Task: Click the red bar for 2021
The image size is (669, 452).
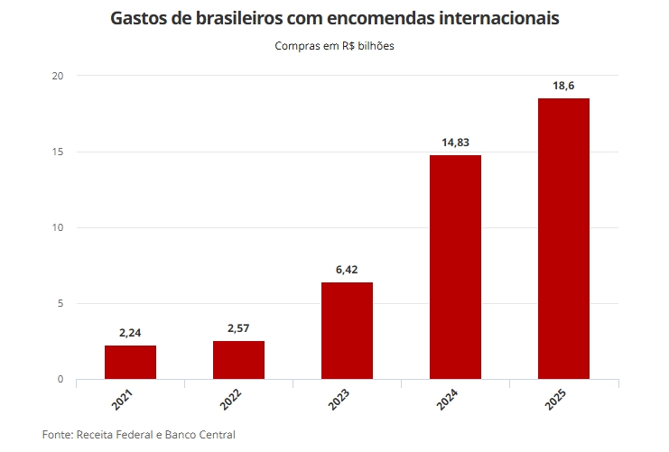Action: pyautogui.click(x=130, y=362)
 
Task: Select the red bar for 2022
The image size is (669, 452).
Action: pyautogui.click(x=238, y=359)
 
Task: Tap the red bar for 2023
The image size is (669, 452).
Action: pyautogui.click(x=347, y=330)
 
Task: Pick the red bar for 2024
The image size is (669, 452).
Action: pyautogui.click(x=455, y=267)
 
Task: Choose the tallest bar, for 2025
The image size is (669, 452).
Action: pyautogui.click(x=563, y=238)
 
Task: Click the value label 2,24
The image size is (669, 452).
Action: pyautogui.click(x=130, y=333)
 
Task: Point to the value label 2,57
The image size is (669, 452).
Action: pyautogui.click(x=238, y=328)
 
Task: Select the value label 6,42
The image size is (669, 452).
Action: pyautogui.click(x=347, y=270)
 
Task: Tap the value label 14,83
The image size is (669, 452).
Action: pyautogui.click(x=455, y=143)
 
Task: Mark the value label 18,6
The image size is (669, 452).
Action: pyautogui.click(x=563, y=86)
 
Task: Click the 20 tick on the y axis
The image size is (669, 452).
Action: pyautogui.click(x=58, y=76)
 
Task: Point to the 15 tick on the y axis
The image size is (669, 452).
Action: pyautogui.click(x=58, y=152)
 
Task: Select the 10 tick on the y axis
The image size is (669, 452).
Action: pyautogui.click(x=58, y=227)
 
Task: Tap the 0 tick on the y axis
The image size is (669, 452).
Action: pyautogui.click(x=60, y=379)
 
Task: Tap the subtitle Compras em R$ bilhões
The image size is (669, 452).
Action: pyautogui.click(x=334, y=46)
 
